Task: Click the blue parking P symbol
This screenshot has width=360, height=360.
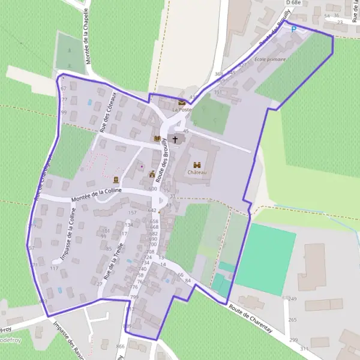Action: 293,28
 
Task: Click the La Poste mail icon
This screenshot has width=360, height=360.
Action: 182,103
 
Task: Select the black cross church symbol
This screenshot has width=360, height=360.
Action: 175,140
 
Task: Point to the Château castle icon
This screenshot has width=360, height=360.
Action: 197,164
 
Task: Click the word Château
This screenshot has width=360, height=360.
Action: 197,173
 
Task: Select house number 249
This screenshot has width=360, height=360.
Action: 293,299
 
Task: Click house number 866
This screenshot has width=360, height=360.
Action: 120,347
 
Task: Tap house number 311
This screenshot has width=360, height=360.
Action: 304,349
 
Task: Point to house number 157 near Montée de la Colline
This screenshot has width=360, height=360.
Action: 133,213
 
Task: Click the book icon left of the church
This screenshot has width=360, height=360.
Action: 157,139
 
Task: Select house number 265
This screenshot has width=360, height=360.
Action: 292,320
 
